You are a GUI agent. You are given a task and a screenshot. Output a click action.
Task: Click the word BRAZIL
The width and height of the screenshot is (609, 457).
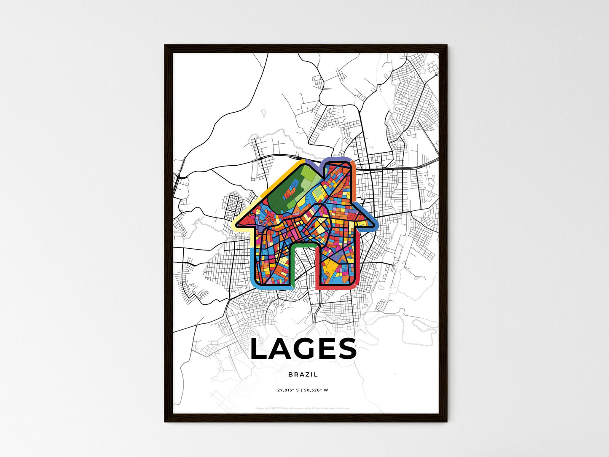click(303, 374)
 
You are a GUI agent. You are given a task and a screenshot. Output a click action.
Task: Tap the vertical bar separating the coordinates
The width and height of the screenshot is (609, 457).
click(301, 390)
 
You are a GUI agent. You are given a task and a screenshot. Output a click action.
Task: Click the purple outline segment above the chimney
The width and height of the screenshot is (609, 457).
click(337, 159)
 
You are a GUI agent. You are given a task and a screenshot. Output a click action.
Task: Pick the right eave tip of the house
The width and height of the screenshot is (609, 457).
click(375, 223)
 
